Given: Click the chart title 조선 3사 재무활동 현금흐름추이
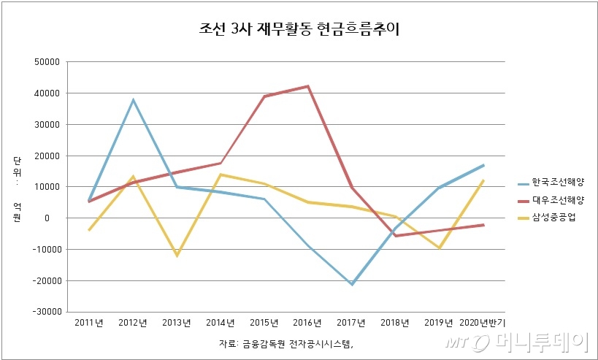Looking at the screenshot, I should (299, 29).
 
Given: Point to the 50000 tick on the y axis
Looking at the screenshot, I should (46, 62).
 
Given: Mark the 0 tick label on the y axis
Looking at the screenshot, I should (55, 218).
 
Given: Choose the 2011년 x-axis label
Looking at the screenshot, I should (88, 323).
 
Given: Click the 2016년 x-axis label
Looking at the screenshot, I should (308, 323).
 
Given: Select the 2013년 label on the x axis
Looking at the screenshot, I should (177, 323).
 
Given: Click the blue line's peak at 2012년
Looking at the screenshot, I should (133, 100).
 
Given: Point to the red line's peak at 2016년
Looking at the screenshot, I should (308, 86).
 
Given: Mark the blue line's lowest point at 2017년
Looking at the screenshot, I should (352, 284).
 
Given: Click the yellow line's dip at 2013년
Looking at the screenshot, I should (177, 256).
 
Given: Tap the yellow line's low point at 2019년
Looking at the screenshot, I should (440, 248).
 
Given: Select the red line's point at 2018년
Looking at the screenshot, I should (396, 236).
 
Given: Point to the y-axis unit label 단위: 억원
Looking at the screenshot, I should (17, 187).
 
